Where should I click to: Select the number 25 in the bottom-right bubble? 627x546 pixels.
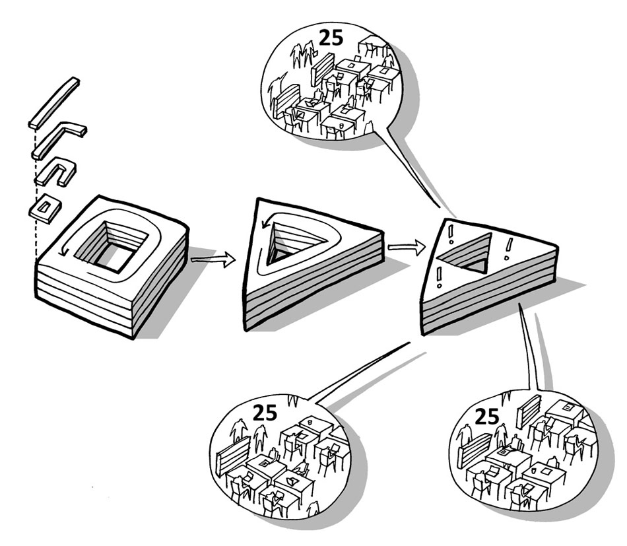487,417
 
